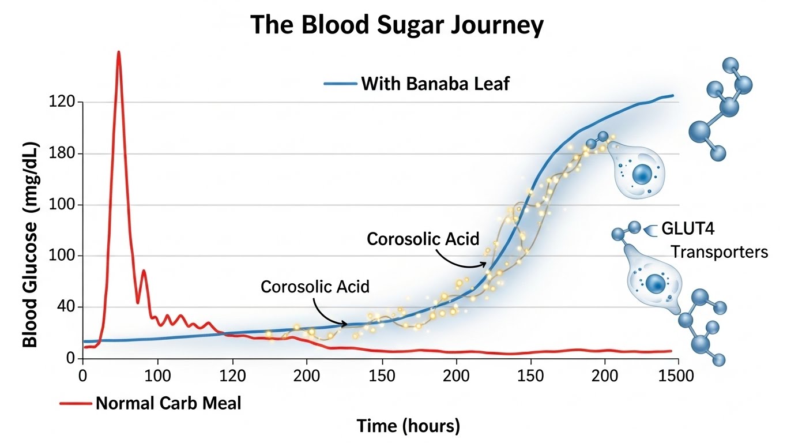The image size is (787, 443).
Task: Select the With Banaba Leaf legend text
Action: tap(435, 84)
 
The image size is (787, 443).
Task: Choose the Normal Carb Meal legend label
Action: tap(168, 403)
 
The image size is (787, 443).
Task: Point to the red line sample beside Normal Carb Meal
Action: tap(76, 403)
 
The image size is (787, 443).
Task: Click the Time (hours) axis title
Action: tap(408, 426)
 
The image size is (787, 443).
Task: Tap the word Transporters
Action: tap(719, 252)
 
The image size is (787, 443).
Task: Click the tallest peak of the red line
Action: tap(118, 52)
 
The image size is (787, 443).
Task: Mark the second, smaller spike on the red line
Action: tap(144, 271)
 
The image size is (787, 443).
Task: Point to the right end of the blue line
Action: tap(672, 96)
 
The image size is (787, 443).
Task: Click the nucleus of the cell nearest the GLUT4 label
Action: tap(655, 283)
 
